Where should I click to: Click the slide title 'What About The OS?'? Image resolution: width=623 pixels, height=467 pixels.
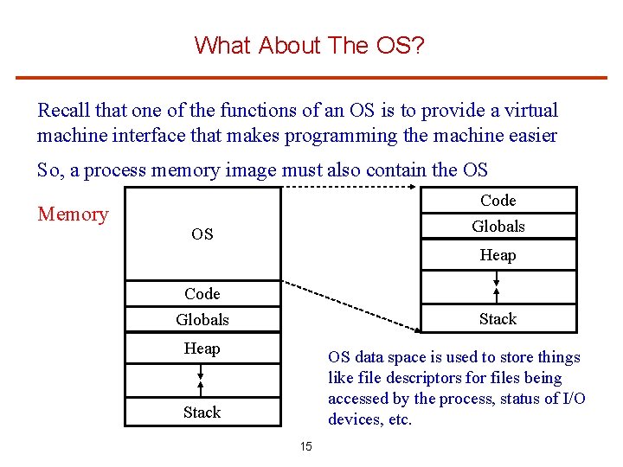tap(310, 45)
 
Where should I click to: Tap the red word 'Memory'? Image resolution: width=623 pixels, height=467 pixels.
tap(73, 214)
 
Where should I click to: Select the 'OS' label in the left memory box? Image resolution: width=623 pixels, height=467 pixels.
tap(202, 234)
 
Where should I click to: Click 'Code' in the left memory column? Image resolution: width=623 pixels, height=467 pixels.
tap(202, 294)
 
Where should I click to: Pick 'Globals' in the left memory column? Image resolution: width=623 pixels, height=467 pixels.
tap(202, 320)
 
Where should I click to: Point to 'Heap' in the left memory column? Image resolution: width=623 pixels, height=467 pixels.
tap(202, 349)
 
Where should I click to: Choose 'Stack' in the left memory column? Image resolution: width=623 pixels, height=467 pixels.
tap(202, 413)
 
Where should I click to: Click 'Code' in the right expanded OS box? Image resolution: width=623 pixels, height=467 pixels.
tap(498, 201)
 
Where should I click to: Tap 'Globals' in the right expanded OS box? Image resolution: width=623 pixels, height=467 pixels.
tap(498, 227)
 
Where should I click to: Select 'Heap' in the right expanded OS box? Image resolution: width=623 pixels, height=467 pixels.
tap(498, 255)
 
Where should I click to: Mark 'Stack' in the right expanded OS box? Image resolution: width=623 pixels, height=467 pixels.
tap(498, 319)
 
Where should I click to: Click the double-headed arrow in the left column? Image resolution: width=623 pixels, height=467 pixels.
tap(200, 373)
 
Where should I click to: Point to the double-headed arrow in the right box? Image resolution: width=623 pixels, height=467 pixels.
tap(497, 281)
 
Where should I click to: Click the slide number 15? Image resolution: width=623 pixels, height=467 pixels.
tap(305, 447)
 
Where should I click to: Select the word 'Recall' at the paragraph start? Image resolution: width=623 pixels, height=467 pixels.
tap(64, 111)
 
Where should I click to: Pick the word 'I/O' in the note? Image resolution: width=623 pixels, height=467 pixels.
tap(573, 399)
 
